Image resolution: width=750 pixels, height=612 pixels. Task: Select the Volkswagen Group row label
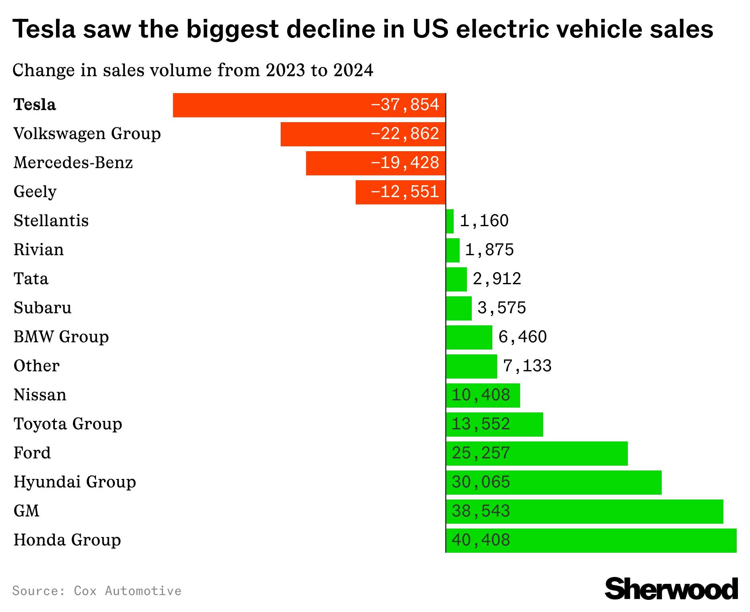point(87,134)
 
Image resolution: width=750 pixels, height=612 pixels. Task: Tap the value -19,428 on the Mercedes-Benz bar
point(404,163)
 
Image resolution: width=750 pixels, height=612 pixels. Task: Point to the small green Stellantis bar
point(450,221)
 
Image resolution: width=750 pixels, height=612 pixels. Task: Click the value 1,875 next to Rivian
point(490,250)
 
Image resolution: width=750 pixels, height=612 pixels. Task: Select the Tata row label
point(31,279)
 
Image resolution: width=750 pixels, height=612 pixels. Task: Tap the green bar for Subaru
point(459,308)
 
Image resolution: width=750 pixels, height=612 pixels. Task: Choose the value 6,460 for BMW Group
point(523,337)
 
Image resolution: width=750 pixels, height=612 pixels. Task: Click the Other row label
point(37,366)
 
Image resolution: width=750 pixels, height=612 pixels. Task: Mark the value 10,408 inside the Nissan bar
point(481,395)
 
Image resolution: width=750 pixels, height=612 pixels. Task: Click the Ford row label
point(32,453)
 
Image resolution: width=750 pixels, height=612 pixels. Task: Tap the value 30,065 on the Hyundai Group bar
point(481,482)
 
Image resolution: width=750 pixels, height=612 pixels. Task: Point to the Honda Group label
point(67,540)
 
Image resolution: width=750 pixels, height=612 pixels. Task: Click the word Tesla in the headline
point(44,29)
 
